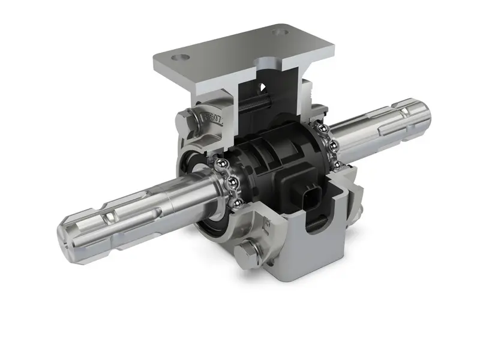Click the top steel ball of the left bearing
(x=220, y=163)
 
